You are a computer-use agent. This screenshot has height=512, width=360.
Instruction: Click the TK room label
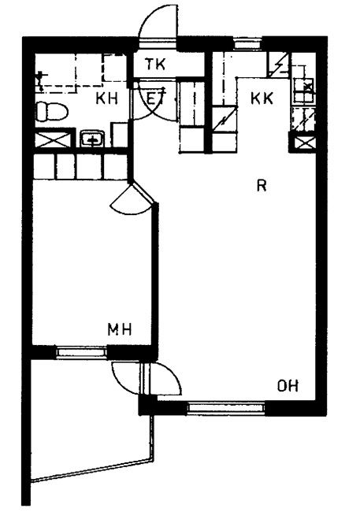pos(155,65)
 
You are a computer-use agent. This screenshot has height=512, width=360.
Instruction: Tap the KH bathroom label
pos(106,98)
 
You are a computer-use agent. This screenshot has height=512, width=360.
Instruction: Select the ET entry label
pos(156,98)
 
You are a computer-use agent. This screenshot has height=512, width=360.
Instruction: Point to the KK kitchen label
pos(262,98)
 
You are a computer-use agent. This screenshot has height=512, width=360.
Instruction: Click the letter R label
pos(262,185)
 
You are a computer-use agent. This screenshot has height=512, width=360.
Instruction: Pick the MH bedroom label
pos(120,329)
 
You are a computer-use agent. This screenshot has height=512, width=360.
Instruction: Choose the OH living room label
pos(288,386)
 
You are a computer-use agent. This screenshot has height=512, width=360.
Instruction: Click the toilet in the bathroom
pos(51,111)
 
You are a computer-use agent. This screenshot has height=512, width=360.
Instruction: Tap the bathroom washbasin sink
pos(92,139)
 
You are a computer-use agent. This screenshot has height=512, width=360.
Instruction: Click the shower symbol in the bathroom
pos(41,80)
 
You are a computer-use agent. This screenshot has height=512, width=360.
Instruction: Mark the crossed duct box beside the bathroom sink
pos(53,139)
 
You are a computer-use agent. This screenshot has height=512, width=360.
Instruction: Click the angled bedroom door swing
pos(130,200)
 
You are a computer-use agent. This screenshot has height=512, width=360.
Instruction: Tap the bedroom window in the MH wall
pos(81,352)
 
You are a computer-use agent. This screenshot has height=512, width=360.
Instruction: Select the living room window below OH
pos(226,408)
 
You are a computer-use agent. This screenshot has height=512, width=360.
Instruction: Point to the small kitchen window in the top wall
pos(248,43)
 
